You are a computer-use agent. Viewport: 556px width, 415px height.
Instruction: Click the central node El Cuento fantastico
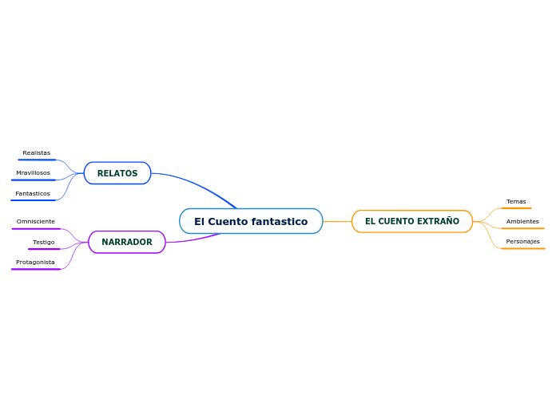point(251,221)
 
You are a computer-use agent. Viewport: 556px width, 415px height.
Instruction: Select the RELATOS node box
point(117,173)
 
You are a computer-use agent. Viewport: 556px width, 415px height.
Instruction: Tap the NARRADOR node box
point(127,242)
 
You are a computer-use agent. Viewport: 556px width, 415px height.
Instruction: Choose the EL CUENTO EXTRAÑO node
point(412,221)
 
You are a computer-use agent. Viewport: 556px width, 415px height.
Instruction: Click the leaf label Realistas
point(36,152)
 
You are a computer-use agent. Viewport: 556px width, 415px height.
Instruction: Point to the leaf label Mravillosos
point(33,172)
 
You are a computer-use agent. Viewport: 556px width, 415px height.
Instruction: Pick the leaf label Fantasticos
point(33,193)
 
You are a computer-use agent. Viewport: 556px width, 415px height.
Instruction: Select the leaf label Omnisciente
point(36,221)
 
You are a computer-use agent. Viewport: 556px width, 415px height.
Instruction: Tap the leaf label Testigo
point(44,242)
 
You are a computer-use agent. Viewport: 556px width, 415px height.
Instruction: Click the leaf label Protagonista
point(36,262)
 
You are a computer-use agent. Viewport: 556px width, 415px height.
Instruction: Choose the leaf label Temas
point(516,201)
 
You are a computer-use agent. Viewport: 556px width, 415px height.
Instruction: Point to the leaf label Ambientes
point(522,221)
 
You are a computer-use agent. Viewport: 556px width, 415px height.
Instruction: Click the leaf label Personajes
point(522,241)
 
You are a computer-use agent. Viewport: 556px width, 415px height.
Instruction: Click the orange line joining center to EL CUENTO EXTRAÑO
point(337,221)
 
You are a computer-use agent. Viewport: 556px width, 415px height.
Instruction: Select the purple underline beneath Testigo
point(44,249)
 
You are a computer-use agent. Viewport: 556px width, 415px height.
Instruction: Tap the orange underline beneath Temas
point(516,208)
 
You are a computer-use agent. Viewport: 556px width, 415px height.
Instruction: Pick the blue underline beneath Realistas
point(36,160)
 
